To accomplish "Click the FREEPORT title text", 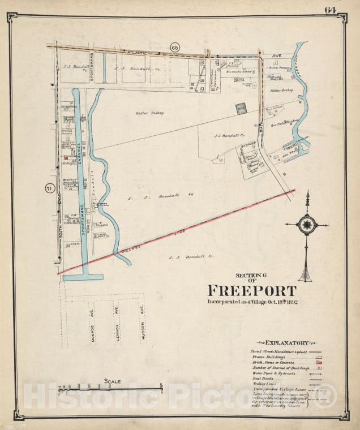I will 252,291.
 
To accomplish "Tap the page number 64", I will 331,10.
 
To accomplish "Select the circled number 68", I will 175,48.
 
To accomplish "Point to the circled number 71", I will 50,188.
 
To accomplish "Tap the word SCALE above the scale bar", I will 112,381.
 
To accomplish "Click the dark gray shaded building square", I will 241,108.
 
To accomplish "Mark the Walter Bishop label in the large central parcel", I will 149,113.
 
